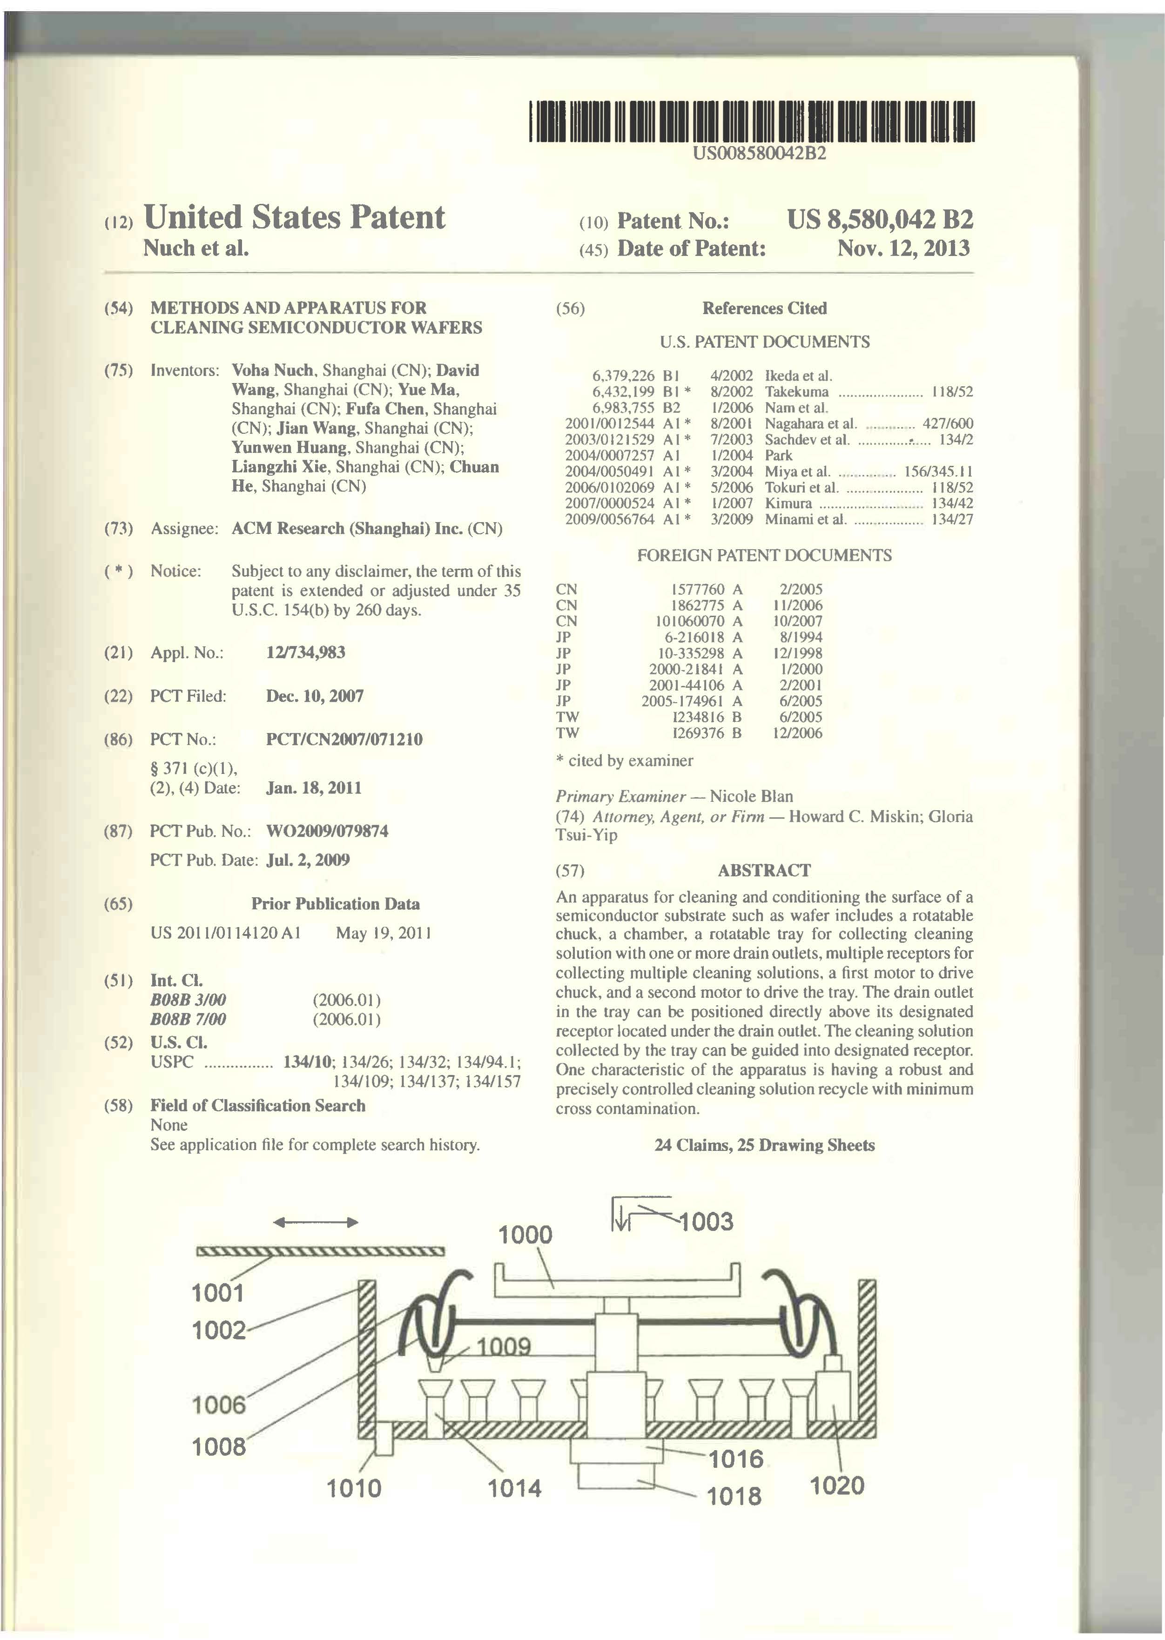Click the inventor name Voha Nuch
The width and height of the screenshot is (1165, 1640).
pyautogui.click(x=273, y=371)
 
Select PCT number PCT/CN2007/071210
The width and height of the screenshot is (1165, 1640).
pyautogui.click(x=344, y=739)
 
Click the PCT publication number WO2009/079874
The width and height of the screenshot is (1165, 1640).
pyautogui.click(x=327, y=832)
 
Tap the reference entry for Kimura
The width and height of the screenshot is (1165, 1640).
pyautogui.click(x=788, y=504)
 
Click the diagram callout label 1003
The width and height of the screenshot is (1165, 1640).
pyautogui.click(x=706, y=1221)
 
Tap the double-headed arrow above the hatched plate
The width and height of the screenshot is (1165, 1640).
pyautogui.click(x=316, y=1223)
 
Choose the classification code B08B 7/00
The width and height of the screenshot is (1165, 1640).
pyautogui.click(x=188, y=1020)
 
